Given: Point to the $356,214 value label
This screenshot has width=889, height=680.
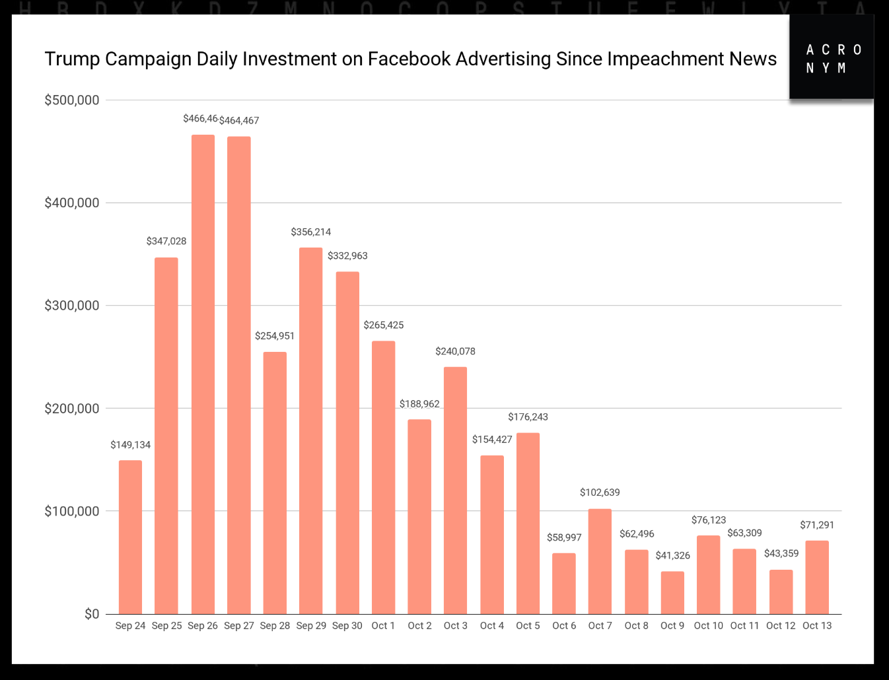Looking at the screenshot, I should (x=311, y=232).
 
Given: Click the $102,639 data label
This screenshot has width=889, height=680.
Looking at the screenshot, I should (x=600, y=493).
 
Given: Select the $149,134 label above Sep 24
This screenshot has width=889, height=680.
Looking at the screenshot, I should (x=130, y=445).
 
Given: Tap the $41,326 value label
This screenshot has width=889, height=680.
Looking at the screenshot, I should (x=672, y=556).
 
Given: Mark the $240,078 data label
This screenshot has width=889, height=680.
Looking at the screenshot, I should (x=455, y=352).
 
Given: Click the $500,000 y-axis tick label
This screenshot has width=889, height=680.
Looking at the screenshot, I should (x=71, y=100).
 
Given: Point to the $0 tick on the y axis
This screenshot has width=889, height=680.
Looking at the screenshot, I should (x=92, y=614).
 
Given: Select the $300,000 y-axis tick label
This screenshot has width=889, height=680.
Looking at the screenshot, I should (x=71, y=306).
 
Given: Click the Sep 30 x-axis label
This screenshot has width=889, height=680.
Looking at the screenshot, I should (x=347, y=626).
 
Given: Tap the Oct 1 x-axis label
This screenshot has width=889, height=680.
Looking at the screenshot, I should (x=383, y=626).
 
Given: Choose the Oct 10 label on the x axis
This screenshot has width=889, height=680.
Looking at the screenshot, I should (x=708, y=626).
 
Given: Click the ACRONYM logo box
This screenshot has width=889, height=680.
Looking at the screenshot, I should (x=832, y=58).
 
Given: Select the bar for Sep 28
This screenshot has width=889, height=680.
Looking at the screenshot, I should (x=275, y=483).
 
